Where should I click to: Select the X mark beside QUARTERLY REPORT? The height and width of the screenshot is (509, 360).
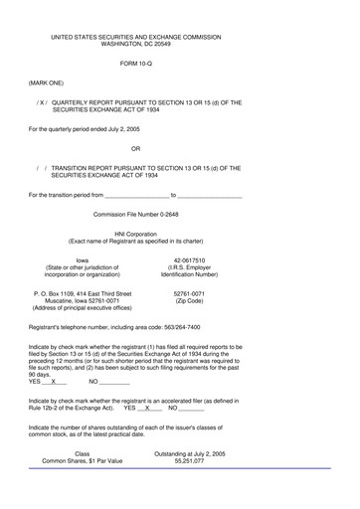tap(41, 101)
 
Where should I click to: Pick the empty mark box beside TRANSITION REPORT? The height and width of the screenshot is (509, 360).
tap(41, 168)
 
